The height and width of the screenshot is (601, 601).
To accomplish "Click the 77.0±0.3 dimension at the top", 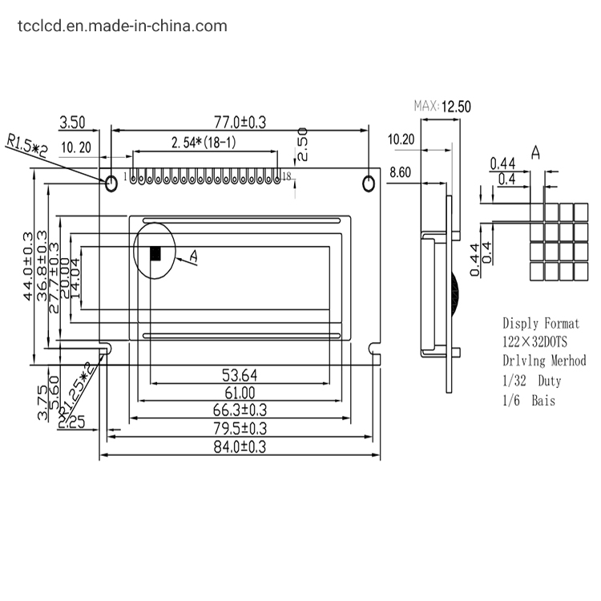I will tap(239, 122).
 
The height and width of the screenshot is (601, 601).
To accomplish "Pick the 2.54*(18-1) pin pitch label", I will tap(204, 143).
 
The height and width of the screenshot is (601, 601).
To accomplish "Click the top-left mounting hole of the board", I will tap(111, 184).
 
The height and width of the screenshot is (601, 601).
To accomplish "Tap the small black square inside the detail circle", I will tap(156, 253).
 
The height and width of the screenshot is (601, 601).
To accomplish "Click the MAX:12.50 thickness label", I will tap(441, 106).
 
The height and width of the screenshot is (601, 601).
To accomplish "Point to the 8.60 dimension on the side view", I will tap(400, 172).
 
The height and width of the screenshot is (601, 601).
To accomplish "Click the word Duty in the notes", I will tap(550, 381).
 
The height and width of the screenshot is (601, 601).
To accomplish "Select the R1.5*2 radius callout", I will tap(27, 146).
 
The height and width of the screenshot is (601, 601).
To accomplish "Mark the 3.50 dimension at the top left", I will tap(72, 123).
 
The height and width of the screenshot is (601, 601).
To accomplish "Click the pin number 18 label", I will tap(286, 176).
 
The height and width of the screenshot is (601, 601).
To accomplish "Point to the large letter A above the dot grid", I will tap(535, 153).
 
